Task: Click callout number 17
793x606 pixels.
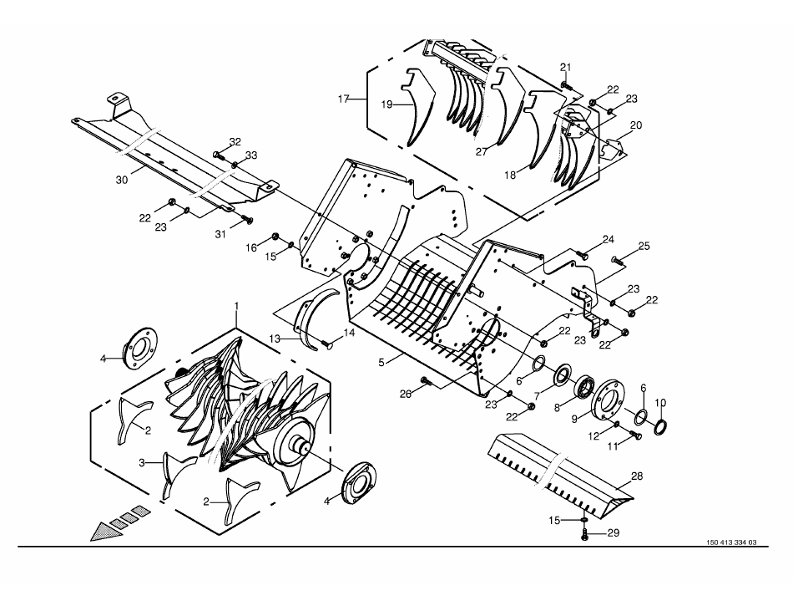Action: (x=342, y=99)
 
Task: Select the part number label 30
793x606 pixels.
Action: (x=122, y=180)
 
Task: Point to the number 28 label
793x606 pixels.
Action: (x=637, y=476)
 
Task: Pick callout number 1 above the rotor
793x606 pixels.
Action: (x=237, y=307)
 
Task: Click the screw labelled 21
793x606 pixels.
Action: (x=566, y=84)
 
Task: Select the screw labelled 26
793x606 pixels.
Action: (x=426, y=381)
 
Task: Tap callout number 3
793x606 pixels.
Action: (x=143, y=461)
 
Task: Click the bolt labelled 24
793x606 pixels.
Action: (x=582, y=252)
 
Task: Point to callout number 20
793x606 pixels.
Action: (x=636, y=125)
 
